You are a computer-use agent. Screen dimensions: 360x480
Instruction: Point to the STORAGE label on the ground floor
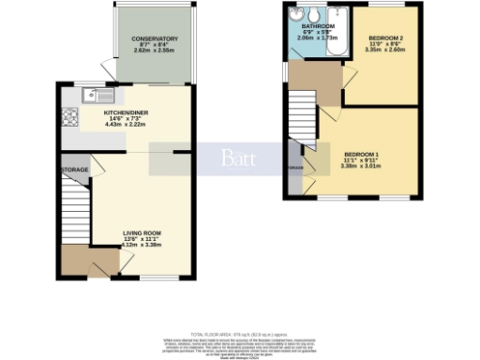click(x=75, y=170)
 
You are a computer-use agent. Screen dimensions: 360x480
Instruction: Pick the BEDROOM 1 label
click(x=361, y=154)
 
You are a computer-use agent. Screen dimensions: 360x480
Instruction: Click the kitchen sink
click(x=97, y=95)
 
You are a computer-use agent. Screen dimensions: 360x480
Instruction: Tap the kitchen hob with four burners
click(x=69, y=118)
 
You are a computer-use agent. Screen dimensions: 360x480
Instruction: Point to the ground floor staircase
click(x=75, y=211)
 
